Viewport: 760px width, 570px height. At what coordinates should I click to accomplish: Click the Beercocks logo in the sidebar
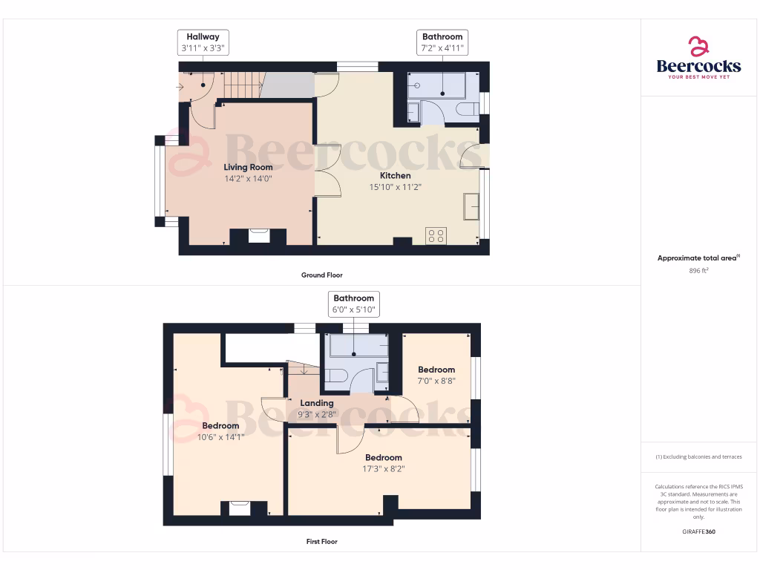698,58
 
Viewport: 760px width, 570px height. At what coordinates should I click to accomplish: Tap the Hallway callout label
203,42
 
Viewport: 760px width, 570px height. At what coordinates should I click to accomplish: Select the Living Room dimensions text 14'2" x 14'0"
249,178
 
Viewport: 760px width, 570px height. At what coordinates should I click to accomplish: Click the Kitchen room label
396,176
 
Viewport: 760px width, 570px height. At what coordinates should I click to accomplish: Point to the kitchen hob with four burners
436,236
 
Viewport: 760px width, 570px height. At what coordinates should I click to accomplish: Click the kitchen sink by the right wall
471,206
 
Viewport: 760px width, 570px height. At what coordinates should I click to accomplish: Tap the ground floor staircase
244,85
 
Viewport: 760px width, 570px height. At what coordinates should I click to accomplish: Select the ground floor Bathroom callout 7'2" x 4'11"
442,42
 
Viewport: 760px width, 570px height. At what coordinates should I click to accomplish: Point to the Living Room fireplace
258,235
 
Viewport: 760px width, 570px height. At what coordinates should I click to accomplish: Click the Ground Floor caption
321,275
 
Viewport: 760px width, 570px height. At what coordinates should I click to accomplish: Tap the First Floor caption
321,542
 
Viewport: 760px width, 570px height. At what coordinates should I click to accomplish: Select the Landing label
317,403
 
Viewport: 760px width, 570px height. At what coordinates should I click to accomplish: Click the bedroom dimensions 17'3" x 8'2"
384,468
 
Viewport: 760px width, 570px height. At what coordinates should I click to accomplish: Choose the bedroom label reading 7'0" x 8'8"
436,380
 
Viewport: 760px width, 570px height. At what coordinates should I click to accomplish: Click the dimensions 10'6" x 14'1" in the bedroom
221,437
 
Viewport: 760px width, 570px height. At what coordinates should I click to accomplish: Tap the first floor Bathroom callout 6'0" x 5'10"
354,304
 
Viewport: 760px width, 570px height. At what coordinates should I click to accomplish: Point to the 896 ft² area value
698,272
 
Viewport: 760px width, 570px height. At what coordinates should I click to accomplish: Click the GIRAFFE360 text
698,531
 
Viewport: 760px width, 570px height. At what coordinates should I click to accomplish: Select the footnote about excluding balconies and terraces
698,456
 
